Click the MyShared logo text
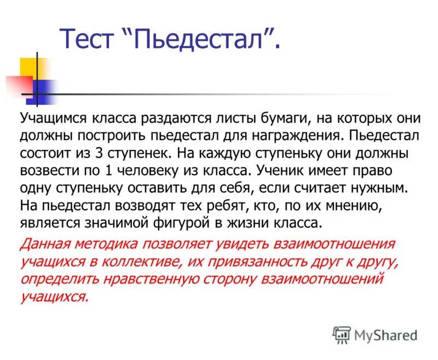coord(385,334)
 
